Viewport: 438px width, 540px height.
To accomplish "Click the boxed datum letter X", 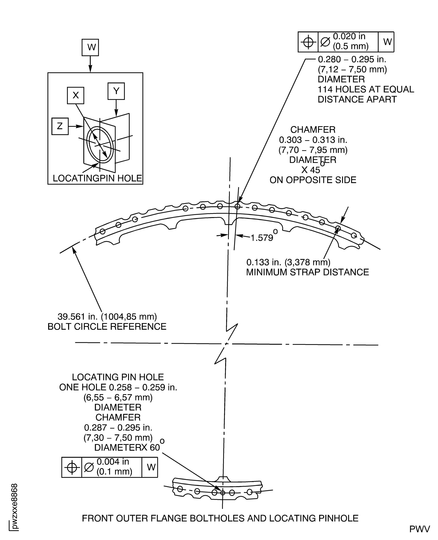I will [75, 95].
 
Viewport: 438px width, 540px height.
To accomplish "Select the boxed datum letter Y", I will [116, 91].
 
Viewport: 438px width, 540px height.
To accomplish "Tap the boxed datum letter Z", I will [60, 126].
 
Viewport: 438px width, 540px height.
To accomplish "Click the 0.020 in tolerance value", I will [349, 37].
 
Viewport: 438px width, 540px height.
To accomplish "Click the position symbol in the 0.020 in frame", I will [308, 42].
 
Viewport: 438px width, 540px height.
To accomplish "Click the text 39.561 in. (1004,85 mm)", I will [107, 316].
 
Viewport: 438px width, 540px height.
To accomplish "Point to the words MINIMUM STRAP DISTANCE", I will [307, 272].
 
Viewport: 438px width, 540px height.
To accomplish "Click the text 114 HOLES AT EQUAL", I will [366, 89].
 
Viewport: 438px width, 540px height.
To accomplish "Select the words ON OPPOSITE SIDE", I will [313, 180].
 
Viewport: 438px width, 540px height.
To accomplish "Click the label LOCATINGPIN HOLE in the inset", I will [97, 178].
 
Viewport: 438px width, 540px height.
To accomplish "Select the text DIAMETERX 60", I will [127, 447].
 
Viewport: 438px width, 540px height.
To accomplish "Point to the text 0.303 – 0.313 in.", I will [313, 140].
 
